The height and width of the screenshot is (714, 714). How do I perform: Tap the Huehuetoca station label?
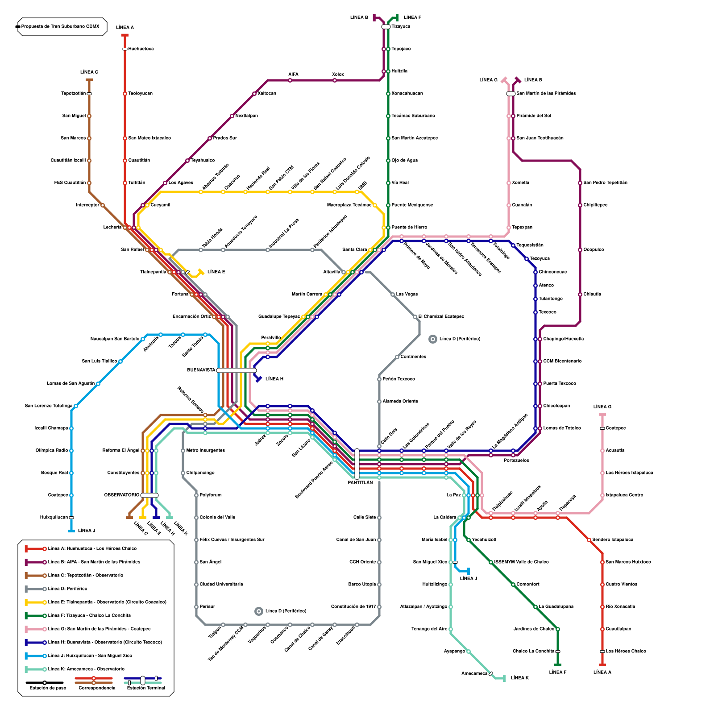click(x=141, y=49)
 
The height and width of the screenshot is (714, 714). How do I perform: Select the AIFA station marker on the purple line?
click(x=290, y=80)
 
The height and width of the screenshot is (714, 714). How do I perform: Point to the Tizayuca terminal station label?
click(x=401, y=27)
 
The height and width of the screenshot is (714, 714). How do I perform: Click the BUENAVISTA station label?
click(x=201, y=370)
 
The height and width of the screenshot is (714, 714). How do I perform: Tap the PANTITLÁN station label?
click(x=360, y=483)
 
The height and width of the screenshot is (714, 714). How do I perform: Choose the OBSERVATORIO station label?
click(x=122, y=495)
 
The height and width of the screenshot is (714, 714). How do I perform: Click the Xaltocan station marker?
click(x=254, y=94)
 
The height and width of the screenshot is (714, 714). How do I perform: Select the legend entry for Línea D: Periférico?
click(x=68, y=589)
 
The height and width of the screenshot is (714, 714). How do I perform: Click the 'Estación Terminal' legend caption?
click(x=146, y=688)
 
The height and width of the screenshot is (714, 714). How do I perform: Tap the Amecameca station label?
click(x=474, y=674)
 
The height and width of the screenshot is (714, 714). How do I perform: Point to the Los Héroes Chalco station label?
click(x=626, y=652)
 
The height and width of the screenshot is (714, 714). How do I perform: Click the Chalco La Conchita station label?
click(x=533, y=652)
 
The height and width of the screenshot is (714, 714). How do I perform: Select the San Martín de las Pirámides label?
click(x=546, y=94)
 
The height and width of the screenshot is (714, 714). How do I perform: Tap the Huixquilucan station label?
click(x=54, y=518)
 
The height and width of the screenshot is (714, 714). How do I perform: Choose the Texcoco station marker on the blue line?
click(x=535, y=312)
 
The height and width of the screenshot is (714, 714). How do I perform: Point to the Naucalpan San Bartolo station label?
click(x=115, y=339)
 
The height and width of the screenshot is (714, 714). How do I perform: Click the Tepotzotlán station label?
click(x=74, y=94)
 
